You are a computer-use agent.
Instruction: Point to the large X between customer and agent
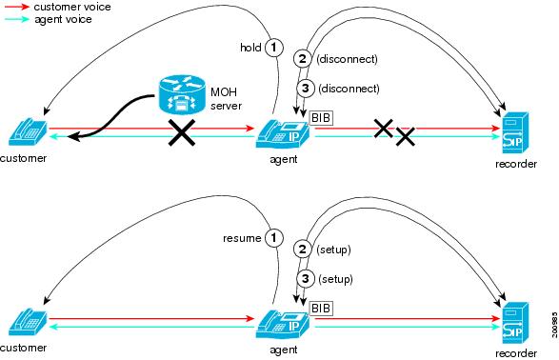tap(181, 134)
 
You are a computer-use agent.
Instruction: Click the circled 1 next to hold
tap(274, 47)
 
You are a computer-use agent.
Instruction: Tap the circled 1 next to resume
tap(274, 237)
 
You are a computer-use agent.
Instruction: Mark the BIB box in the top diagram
tap(320, 117)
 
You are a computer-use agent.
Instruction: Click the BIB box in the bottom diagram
tap(320, 307)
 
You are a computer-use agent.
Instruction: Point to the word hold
tap(250, 47)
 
